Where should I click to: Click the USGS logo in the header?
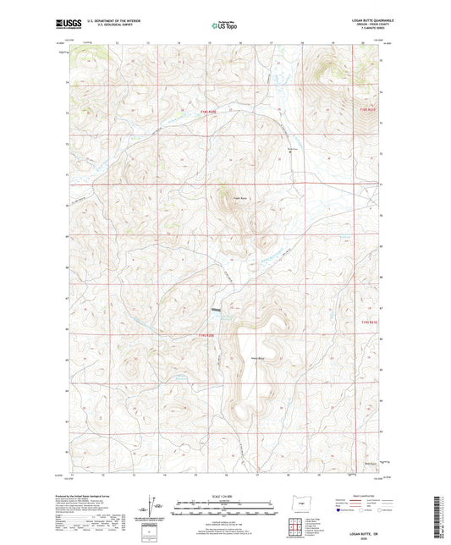pos(63,26)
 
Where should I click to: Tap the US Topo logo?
pos(224,26)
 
